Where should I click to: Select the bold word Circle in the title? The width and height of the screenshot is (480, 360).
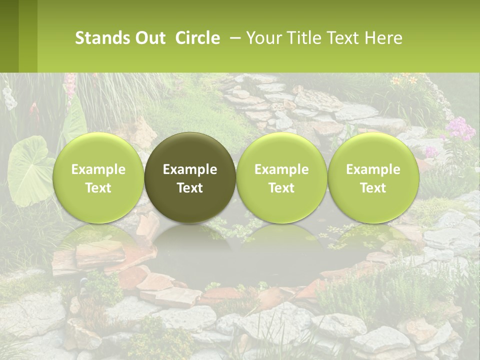click(197, 38)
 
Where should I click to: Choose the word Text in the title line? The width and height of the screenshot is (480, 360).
click(343, 38)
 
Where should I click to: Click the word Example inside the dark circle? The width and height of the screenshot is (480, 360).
click(190, 169)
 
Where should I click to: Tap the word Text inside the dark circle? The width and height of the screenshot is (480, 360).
click(190, 188)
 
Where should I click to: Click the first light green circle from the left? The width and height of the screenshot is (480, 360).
click(98, 177)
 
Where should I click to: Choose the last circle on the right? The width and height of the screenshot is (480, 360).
click(373, 177)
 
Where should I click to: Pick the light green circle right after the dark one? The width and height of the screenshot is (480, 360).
click(281, 177)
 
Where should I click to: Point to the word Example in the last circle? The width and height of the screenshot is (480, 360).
click(373, 169)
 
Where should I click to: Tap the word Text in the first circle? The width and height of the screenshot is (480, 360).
click(98, 188)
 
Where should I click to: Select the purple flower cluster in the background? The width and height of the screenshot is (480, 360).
click(459, 129)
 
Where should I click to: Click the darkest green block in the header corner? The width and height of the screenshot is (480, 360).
click(9, 36)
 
